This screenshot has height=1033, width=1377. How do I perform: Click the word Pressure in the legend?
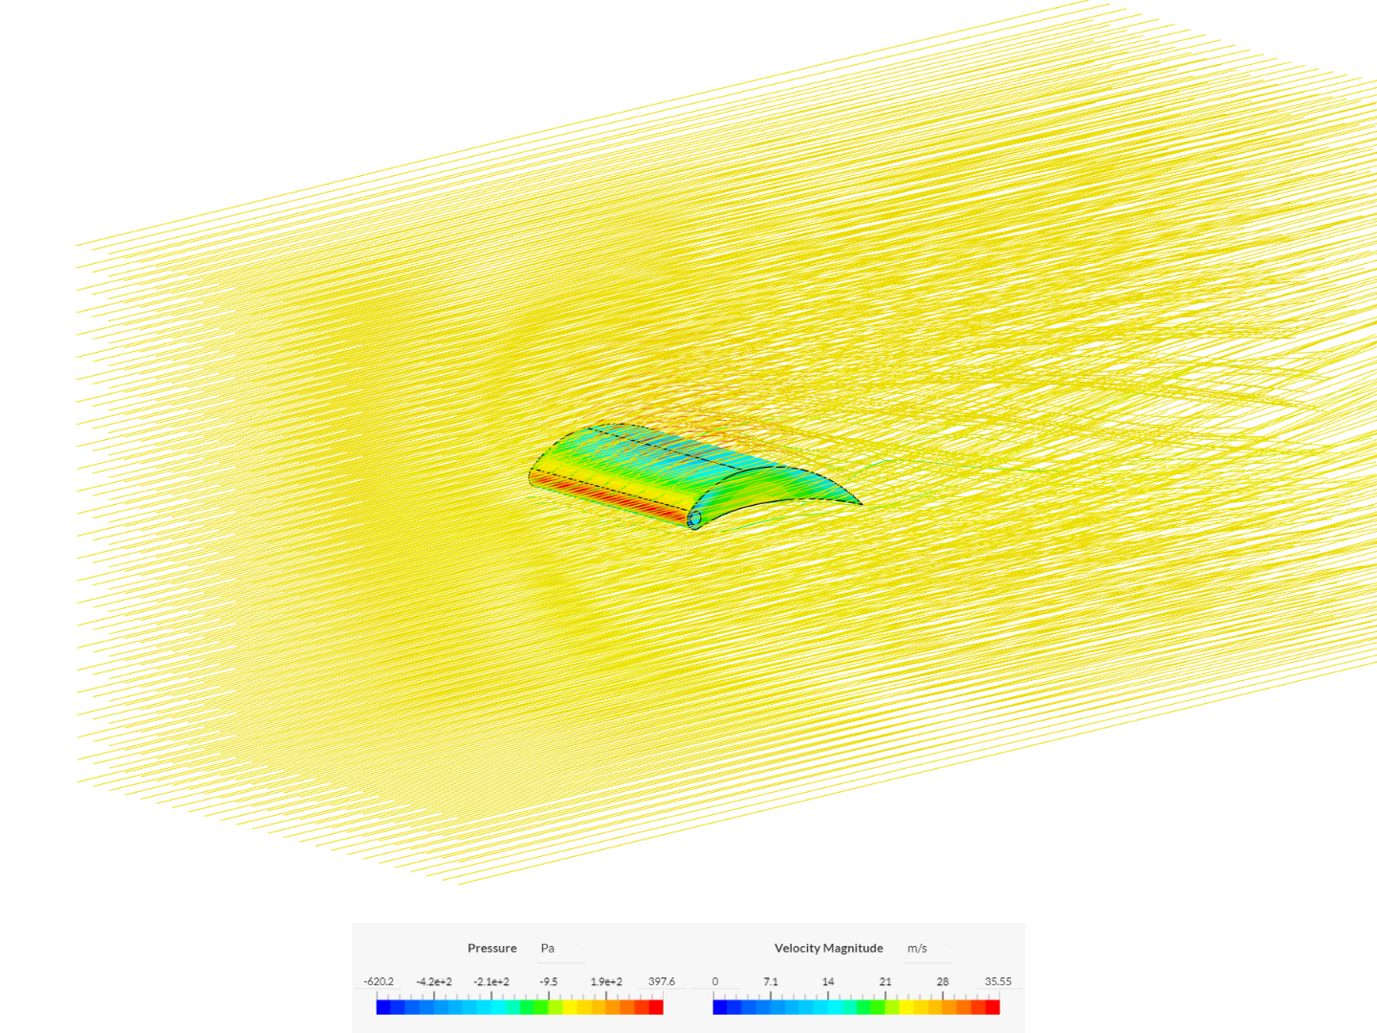(492, 948)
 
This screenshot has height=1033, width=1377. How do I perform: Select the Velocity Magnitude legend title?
(828, 948)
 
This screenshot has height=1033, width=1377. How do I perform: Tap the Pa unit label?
(547, 948)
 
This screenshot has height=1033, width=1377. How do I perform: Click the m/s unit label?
(916, 948)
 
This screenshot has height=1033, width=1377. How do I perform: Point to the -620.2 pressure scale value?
(379, 981)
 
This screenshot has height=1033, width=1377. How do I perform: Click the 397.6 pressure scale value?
(661, 981)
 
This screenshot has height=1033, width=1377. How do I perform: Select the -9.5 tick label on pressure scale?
(548, 981)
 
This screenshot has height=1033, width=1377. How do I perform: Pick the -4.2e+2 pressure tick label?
(434, 981)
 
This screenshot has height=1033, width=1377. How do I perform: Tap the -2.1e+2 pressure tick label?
(492, 981)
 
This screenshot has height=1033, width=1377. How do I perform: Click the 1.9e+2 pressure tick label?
(606, 981)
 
